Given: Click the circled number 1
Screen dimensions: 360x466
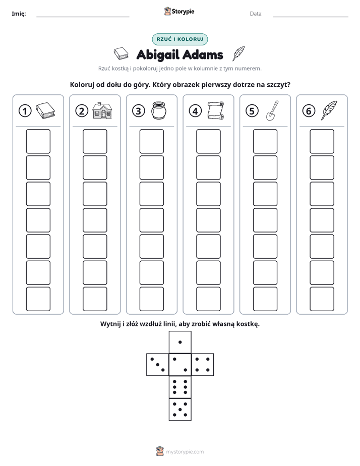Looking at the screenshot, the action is tap(25, 111).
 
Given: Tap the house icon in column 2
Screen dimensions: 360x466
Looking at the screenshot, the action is tap(102, 110).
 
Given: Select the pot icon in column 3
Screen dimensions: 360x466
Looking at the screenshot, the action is tap(159, 110).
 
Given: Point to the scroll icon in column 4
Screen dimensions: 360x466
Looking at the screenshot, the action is tap(216, 110).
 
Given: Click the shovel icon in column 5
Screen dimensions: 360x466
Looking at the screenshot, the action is tap(272, 110).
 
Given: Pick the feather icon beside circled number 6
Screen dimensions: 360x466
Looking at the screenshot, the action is tap(329, 110).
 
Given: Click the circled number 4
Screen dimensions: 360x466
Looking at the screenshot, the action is tap(195, 111).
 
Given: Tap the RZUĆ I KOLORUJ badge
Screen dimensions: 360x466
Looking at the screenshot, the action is tap(179, 39).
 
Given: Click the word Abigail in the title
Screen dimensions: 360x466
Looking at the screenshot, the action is tap(158, 55).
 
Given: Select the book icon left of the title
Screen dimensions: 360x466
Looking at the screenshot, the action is tap(121, 53).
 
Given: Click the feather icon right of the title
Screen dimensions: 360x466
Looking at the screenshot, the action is tap(238, 53).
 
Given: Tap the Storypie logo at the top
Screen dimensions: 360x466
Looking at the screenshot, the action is tap(179, 11).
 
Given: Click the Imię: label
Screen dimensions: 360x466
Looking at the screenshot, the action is tap(19, 14).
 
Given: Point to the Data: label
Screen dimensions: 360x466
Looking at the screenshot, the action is tap(256, 14).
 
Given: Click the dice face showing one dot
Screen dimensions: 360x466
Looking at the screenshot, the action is tap(180, 342).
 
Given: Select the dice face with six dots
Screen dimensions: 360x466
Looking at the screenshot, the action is tap(180, 387).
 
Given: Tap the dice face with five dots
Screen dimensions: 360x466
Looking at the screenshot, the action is tap(180, 409).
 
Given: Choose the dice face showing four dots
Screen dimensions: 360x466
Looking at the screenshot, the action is tap(203, 365).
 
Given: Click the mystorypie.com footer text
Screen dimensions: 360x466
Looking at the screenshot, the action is tap(185, 452).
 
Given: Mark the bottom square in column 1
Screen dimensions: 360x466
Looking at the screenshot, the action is tap(38, 299).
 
